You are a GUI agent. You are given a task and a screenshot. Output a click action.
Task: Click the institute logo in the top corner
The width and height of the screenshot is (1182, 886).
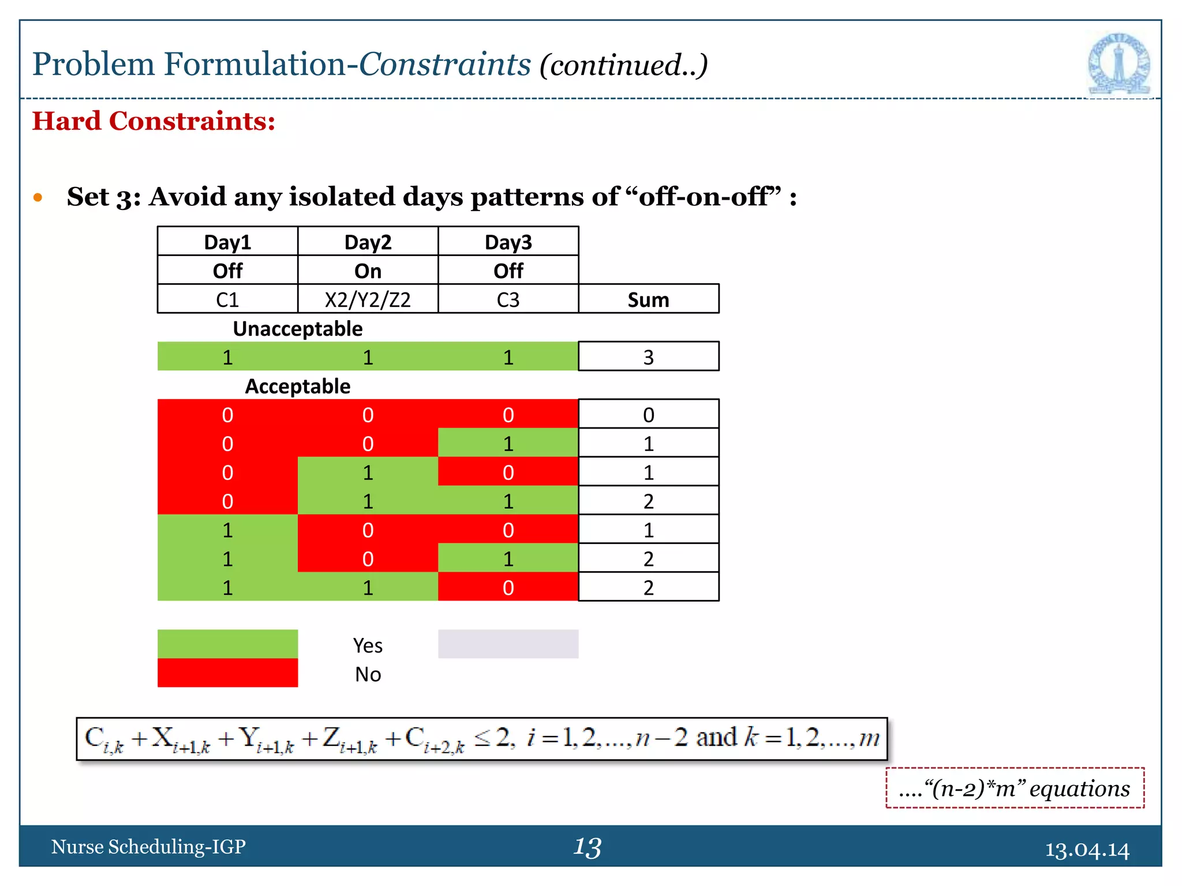[1119, 64]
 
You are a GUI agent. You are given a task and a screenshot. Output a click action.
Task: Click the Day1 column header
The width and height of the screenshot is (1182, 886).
[227, 242]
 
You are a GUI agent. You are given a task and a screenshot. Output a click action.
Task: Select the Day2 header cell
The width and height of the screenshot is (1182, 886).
[368, 242]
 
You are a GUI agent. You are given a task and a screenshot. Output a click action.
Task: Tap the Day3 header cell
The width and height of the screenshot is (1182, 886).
[508, 242]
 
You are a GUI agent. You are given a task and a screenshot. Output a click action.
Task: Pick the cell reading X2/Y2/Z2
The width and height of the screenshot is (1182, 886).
[368, 299]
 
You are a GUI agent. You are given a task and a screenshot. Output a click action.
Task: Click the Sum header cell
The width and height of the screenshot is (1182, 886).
[648, 299]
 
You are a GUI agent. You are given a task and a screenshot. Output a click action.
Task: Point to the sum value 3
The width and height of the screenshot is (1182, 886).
[648, 357]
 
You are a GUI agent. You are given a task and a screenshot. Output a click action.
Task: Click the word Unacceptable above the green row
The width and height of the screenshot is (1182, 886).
[298, 328]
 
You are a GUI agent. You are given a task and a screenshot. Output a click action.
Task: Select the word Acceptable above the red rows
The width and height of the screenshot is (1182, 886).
[298, 386]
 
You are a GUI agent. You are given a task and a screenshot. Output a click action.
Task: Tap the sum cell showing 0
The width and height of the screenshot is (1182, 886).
[648, 414]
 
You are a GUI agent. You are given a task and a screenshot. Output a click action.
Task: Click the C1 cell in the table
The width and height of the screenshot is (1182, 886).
[227, 299]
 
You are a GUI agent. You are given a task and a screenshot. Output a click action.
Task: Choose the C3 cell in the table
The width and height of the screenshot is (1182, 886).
[508, 299]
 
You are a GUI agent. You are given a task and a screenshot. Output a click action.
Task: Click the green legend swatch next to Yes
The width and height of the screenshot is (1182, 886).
[227, 644]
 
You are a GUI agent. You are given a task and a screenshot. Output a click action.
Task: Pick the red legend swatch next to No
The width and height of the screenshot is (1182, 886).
[227, 673]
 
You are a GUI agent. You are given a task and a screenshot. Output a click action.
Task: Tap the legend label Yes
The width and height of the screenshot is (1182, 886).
[368, 645]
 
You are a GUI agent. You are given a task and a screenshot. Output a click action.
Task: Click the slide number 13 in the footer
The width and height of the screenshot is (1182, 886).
[588, 847]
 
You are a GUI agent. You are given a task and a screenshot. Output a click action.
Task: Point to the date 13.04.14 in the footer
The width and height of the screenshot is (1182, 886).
[1087, 849]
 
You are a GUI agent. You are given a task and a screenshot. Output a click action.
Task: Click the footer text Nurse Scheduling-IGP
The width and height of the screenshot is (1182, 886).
[148, 846]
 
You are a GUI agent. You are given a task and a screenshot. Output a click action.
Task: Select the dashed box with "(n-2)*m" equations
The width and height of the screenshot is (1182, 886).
[1015, 788]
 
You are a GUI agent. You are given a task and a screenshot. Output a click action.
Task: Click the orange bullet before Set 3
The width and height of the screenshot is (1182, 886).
[38, 197]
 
